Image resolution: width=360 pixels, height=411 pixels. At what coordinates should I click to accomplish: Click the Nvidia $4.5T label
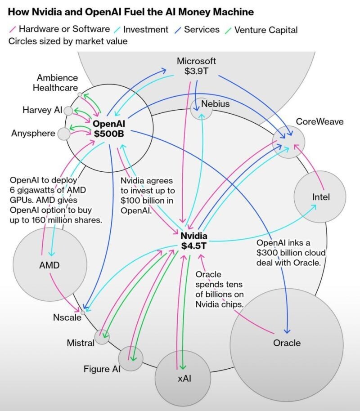pos(194,241)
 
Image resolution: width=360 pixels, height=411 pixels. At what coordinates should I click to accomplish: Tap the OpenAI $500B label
pos(109,129)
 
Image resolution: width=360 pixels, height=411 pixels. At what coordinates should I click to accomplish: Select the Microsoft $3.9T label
pos(196,66)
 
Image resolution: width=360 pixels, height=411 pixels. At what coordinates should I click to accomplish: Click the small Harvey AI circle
pos(68,111)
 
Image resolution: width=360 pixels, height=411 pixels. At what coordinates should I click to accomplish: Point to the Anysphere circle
pos(64,134)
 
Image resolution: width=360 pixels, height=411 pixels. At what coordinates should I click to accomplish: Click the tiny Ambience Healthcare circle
pos(80,94)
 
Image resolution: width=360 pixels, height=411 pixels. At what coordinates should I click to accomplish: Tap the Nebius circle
pos(201,109)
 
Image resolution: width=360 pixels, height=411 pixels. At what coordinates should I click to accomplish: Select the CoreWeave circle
pos(288,142)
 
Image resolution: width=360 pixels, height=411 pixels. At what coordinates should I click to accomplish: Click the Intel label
pos(321,197)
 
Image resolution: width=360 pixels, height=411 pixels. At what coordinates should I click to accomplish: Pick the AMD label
pos(49,265)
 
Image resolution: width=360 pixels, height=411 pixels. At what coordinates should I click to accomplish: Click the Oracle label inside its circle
pos(287,343)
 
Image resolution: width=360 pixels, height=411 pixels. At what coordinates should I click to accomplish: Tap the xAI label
pos(184,378)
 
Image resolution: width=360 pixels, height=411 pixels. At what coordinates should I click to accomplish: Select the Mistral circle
pos(102,337)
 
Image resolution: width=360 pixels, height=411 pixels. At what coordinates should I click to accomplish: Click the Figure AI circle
pos(130,358)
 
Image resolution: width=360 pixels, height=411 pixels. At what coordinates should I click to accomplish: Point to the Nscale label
pos(67,317)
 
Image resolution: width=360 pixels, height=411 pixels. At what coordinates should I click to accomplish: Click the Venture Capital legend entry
pos(261,30)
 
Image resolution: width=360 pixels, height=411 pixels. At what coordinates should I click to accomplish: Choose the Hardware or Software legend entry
pos(59,29)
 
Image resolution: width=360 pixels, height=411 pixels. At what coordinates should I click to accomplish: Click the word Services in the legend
pos(202,29)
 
